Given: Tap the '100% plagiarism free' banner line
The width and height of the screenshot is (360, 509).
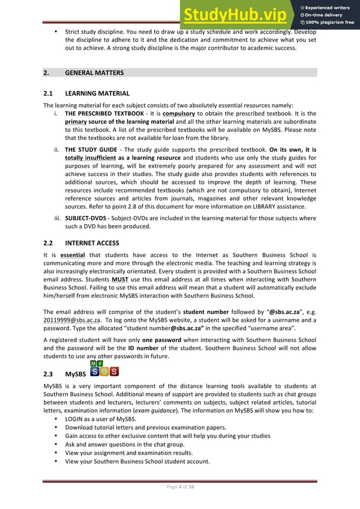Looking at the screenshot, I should [x=328, y=23].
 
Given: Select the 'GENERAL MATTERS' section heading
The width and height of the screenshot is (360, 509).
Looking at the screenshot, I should [x=94, y=73].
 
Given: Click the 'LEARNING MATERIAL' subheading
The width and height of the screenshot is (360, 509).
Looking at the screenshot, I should [x=97, y=93].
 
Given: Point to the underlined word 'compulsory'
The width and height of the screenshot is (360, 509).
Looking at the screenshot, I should [x=178, y=113].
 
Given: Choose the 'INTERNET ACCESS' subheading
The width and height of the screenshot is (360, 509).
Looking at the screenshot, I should [x=92, y=243].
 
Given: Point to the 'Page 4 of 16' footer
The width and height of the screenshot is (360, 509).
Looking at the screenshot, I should [x=179, y=487].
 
